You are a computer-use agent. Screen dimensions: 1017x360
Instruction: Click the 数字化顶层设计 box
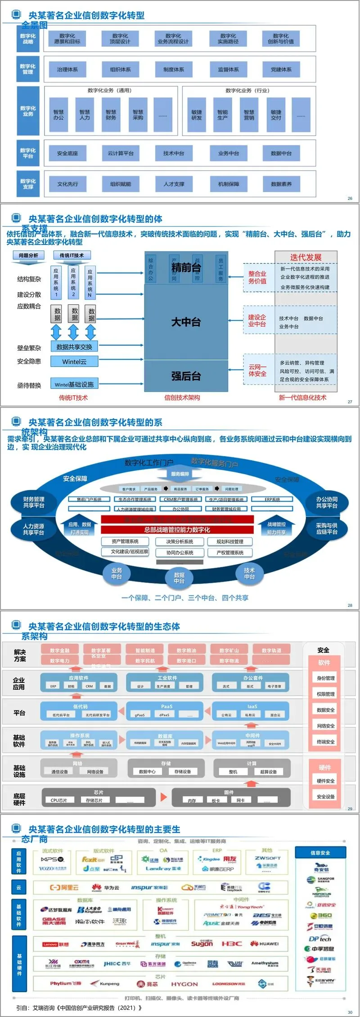click(120, 39)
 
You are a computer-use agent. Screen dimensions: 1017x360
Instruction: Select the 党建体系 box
click(281, 69)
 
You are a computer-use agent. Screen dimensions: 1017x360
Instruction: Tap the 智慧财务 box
click(111, 115)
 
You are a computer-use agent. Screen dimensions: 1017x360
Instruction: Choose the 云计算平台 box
click(120, 154)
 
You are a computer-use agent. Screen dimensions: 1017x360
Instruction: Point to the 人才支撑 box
click(174, 184)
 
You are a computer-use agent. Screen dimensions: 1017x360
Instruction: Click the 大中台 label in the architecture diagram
click(186, 322)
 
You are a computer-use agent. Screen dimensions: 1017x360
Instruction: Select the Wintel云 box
click(74, 362)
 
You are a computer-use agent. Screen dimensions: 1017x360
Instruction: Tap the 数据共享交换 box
click(74, 347)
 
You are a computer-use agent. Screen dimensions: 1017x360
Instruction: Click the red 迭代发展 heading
click(306, 257)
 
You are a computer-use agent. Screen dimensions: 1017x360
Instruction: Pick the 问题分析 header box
click(29, 255)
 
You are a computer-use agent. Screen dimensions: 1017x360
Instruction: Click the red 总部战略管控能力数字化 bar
click(177, 529)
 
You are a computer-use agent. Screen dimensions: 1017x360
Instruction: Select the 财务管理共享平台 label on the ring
click(34, 502)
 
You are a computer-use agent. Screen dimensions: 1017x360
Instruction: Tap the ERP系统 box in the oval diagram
click(272, 499)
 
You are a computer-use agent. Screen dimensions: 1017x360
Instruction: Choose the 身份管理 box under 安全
click(325, 678)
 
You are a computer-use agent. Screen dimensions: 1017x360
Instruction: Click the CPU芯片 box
click(59, 800)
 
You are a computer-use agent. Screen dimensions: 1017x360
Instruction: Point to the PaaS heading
click(166, 706)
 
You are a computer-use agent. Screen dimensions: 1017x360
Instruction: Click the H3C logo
click(231, 944)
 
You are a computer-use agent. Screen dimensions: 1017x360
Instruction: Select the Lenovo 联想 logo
click(56, 944)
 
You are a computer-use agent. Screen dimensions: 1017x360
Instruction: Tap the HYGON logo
click(184, 984)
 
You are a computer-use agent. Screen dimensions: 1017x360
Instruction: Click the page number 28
click(350, 605)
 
